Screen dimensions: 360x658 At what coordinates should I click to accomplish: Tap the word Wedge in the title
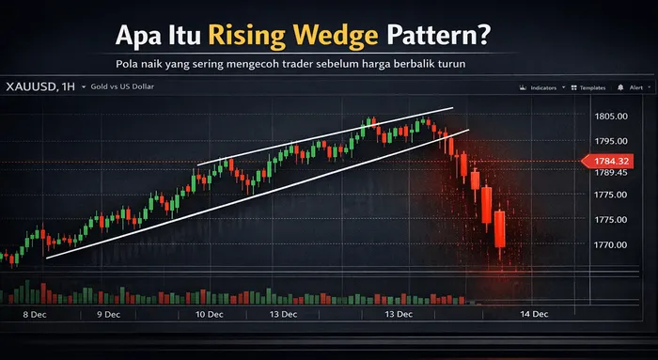334,37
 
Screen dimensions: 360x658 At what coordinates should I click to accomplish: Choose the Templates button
588,86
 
